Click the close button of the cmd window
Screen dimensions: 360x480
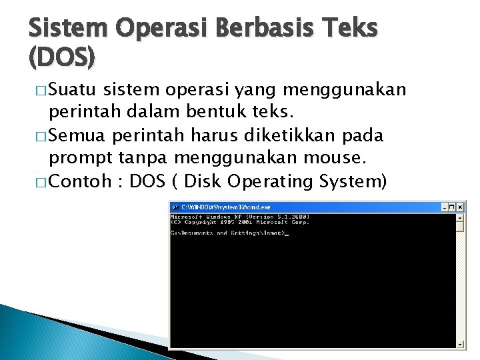(460, 207)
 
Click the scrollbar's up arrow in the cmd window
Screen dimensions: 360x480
(460, 217)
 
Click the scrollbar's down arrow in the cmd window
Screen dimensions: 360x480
(460, 344)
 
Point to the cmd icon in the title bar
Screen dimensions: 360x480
(175, 207)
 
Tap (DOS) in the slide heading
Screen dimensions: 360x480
(61, 59)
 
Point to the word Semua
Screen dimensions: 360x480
(78, 135)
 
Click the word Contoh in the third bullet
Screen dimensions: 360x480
(79, 181)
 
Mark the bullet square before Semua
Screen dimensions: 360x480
(40, 136)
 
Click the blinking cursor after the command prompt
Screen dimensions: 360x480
(287, 233)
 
